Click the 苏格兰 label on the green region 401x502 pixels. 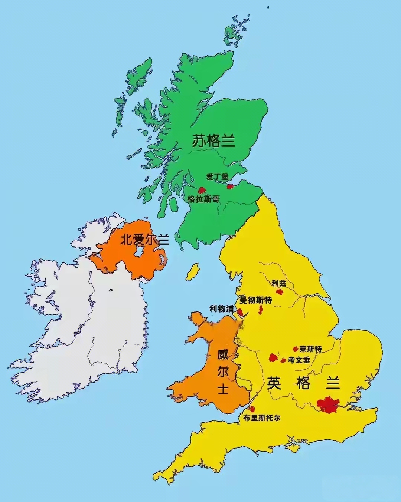coord(213,141)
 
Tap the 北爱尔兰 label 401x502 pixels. coord(145,240)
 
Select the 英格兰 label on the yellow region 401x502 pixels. coord(303,383)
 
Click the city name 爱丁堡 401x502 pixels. coord(217,176)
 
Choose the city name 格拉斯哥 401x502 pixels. coord(203,199)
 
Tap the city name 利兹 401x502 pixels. coord(279,283)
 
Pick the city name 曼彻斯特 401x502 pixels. coord(256,300)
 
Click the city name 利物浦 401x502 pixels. coord(221,308)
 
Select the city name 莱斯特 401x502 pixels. coord(311,349)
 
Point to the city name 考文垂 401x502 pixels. coord(299,360)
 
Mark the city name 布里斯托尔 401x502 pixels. coord(261,418)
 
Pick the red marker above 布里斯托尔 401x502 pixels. coord(252,409)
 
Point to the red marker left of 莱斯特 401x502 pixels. coord(296,349)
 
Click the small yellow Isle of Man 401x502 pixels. coord(192,273)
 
